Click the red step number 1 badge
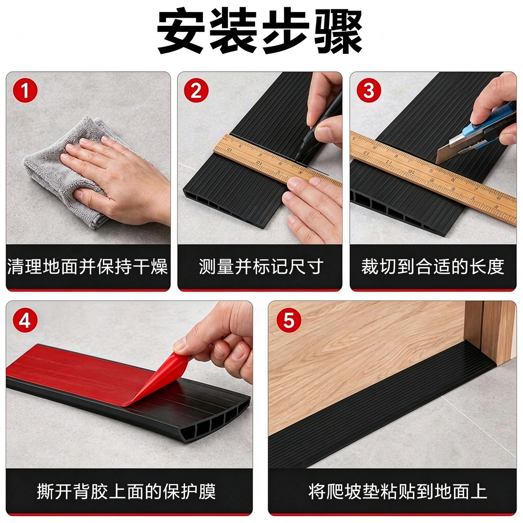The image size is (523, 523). tap(25, 90)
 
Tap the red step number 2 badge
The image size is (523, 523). tap(196, 90)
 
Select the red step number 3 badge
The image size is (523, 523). tap(369, 90)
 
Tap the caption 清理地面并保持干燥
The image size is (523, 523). tap(87, 266)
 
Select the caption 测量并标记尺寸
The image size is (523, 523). tap(261, 266)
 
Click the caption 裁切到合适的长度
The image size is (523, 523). tap(433, 266)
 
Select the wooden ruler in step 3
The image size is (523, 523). tap(433, 174)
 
